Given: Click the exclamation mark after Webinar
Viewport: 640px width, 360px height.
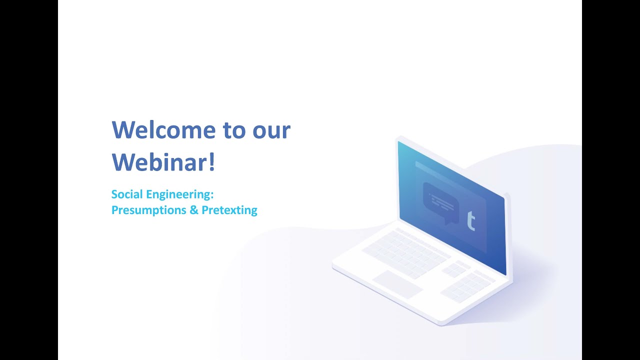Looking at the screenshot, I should [x=212, y=162].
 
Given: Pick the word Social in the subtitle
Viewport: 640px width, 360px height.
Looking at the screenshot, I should [x=126, y=194].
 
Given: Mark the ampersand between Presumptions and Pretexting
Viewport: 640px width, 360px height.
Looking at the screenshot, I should [x=194, y=210].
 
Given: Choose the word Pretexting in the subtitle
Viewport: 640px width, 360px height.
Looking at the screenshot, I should [x=229, y=210].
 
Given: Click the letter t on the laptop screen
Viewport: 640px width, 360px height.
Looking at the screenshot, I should [x=470, y=221].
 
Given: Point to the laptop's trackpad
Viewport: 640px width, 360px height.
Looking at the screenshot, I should [x=397, y=284].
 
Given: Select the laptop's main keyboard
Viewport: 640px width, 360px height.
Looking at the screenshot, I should [x=406, y=253].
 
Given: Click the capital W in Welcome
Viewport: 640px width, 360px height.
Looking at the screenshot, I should [x=123, y=130].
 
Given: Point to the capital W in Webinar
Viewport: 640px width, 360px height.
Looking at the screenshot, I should [x=123, y=162].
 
